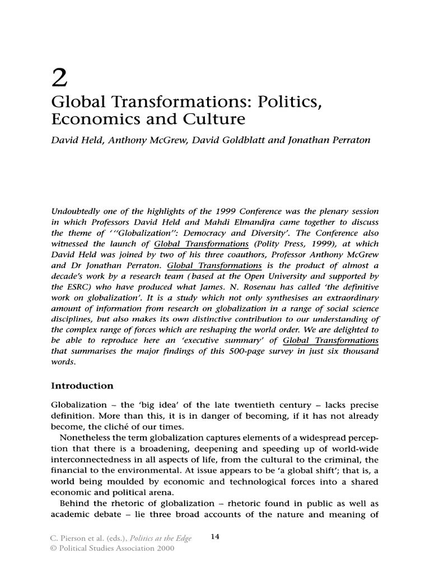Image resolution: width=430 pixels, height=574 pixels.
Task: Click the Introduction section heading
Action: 82,386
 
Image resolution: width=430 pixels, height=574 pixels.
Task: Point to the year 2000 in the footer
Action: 165,548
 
